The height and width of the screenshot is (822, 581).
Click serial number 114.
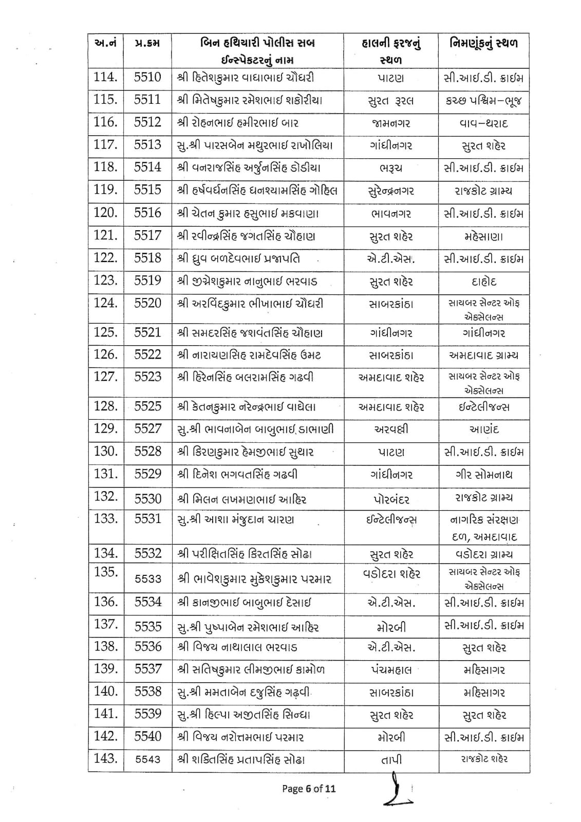click(x=105, y=78)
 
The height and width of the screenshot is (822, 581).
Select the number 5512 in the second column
click(x=147, y=123)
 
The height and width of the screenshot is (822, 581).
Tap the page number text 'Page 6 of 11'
click(x=309, y=788)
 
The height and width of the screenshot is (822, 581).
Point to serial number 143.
click(x=105, y=758)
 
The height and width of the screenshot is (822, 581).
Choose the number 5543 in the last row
click(x=147, y=759)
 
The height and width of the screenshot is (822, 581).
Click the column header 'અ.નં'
click(x=105, y=43)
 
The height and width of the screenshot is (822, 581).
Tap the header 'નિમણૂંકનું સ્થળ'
click(x=484, y=43)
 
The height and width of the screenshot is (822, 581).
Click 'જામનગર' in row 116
click(x=391, y=123)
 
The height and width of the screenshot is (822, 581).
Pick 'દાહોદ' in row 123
click(x=484, y=282)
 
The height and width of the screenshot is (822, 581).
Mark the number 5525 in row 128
click(x=147, y=407)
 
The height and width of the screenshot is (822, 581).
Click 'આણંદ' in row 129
click(x=484, y=429)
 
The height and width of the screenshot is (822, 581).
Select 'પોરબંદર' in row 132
click(x=391, y=498)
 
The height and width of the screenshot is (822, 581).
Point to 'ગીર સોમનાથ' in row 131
click(x=484, y=475)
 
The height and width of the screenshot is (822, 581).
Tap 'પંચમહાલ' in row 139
click(x=391, y=670)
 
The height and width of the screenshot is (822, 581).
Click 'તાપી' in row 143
click(x=391, y=759)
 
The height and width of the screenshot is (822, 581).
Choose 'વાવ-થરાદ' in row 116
click(x=484, y=123)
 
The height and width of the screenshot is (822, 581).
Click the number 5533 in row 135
click(x=147, y=579)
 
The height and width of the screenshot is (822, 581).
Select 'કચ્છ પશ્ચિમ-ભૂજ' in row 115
click(x=484, y=101)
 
